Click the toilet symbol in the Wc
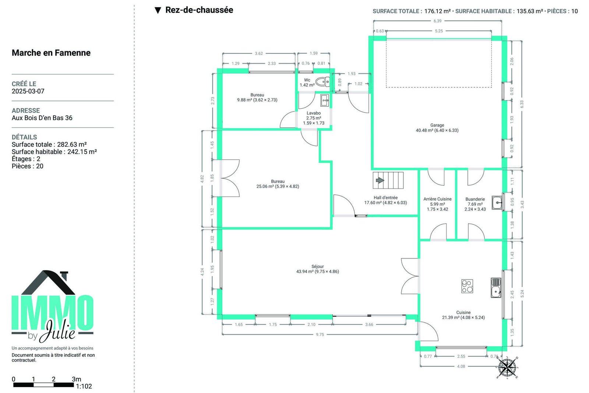[322, 82]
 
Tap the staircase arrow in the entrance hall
[380, 180]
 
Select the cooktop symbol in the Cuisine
[467, 286]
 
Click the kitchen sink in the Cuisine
[496, 288]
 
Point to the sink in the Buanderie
[497, 203]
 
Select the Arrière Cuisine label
[437, 199]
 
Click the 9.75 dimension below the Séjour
[320, 334]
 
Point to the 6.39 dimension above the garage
[438, 21]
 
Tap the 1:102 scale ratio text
[84, 386]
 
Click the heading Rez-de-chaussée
[199, 10]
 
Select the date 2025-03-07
[28, 91]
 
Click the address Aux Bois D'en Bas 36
[42, 118]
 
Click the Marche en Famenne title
[51, 53]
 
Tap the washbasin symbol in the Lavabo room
[324, 100]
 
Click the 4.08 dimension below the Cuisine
[461, 366]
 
